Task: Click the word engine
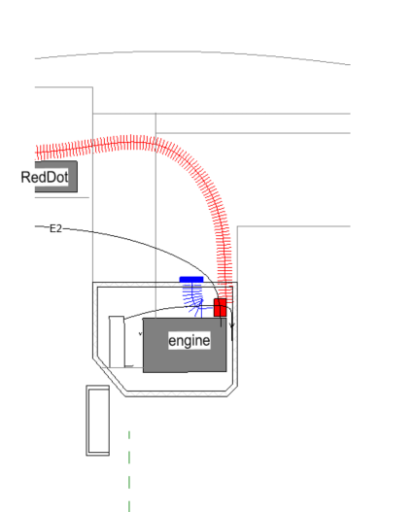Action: click(190, 341)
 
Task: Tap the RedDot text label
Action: click(45, 178)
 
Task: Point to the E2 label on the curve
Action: click(55, 228)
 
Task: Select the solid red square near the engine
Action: click(220, 307)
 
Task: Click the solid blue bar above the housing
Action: click(191, 280)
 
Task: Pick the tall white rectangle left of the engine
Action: click(117, 342)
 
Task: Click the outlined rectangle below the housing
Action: click(98, 421)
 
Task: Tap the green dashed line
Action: click(129, 471)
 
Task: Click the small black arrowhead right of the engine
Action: click(231, 325)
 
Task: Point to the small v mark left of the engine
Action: click(141, 333)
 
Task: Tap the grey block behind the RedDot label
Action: click(56, 176)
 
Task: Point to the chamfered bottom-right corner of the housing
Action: click(232, 392)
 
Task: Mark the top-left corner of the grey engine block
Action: click(143, 319)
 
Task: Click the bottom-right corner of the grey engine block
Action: click(226, 371)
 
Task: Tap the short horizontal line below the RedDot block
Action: click(62, 197)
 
